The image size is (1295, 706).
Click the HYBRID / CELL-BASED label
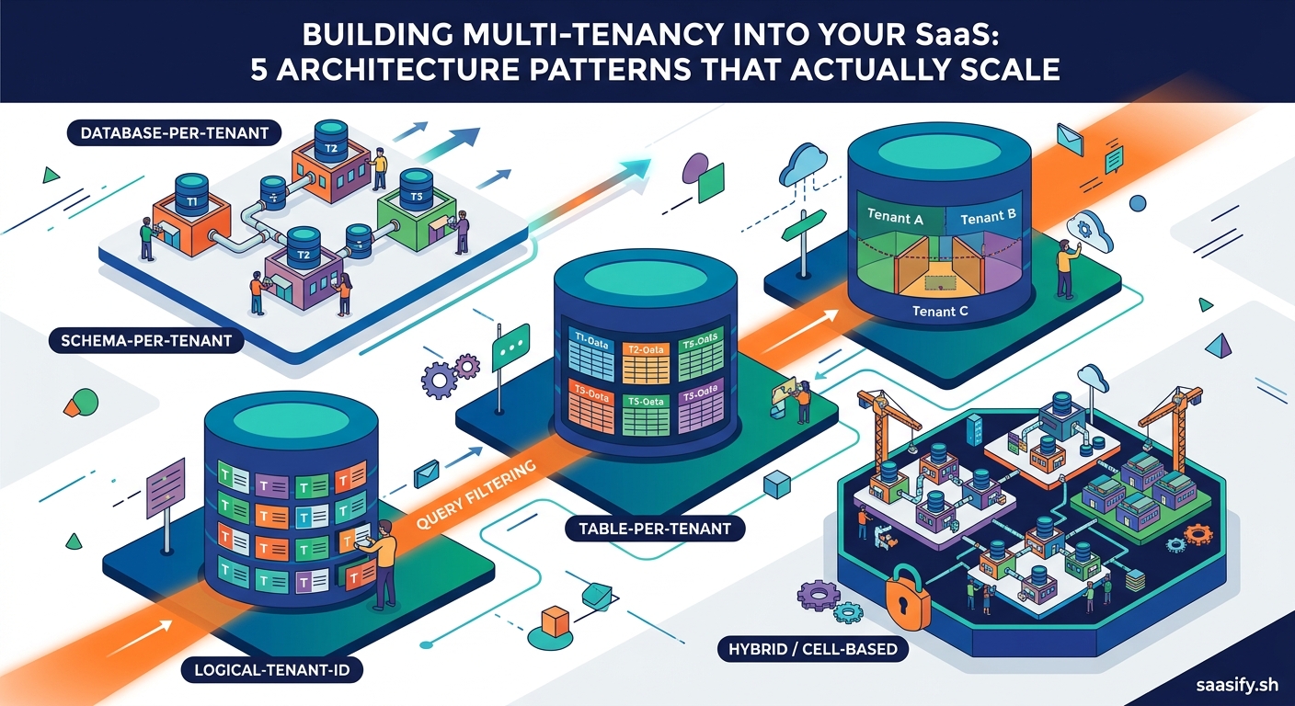pos(812,649)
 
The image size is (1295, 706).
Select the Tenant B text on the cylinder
pos(987,217)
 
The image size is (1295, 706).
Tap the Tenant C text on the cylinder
pos(940,311)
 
